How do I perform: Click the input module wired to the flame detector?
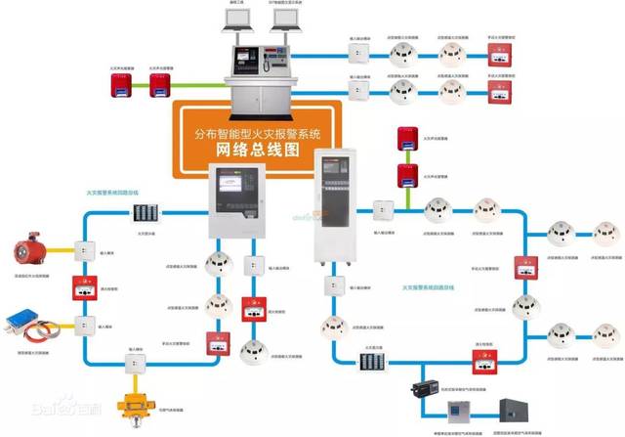pyautogui.click(x=85, y=249)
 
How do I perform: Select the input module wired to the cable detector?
pyautogui.click(x=85, y=324)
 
